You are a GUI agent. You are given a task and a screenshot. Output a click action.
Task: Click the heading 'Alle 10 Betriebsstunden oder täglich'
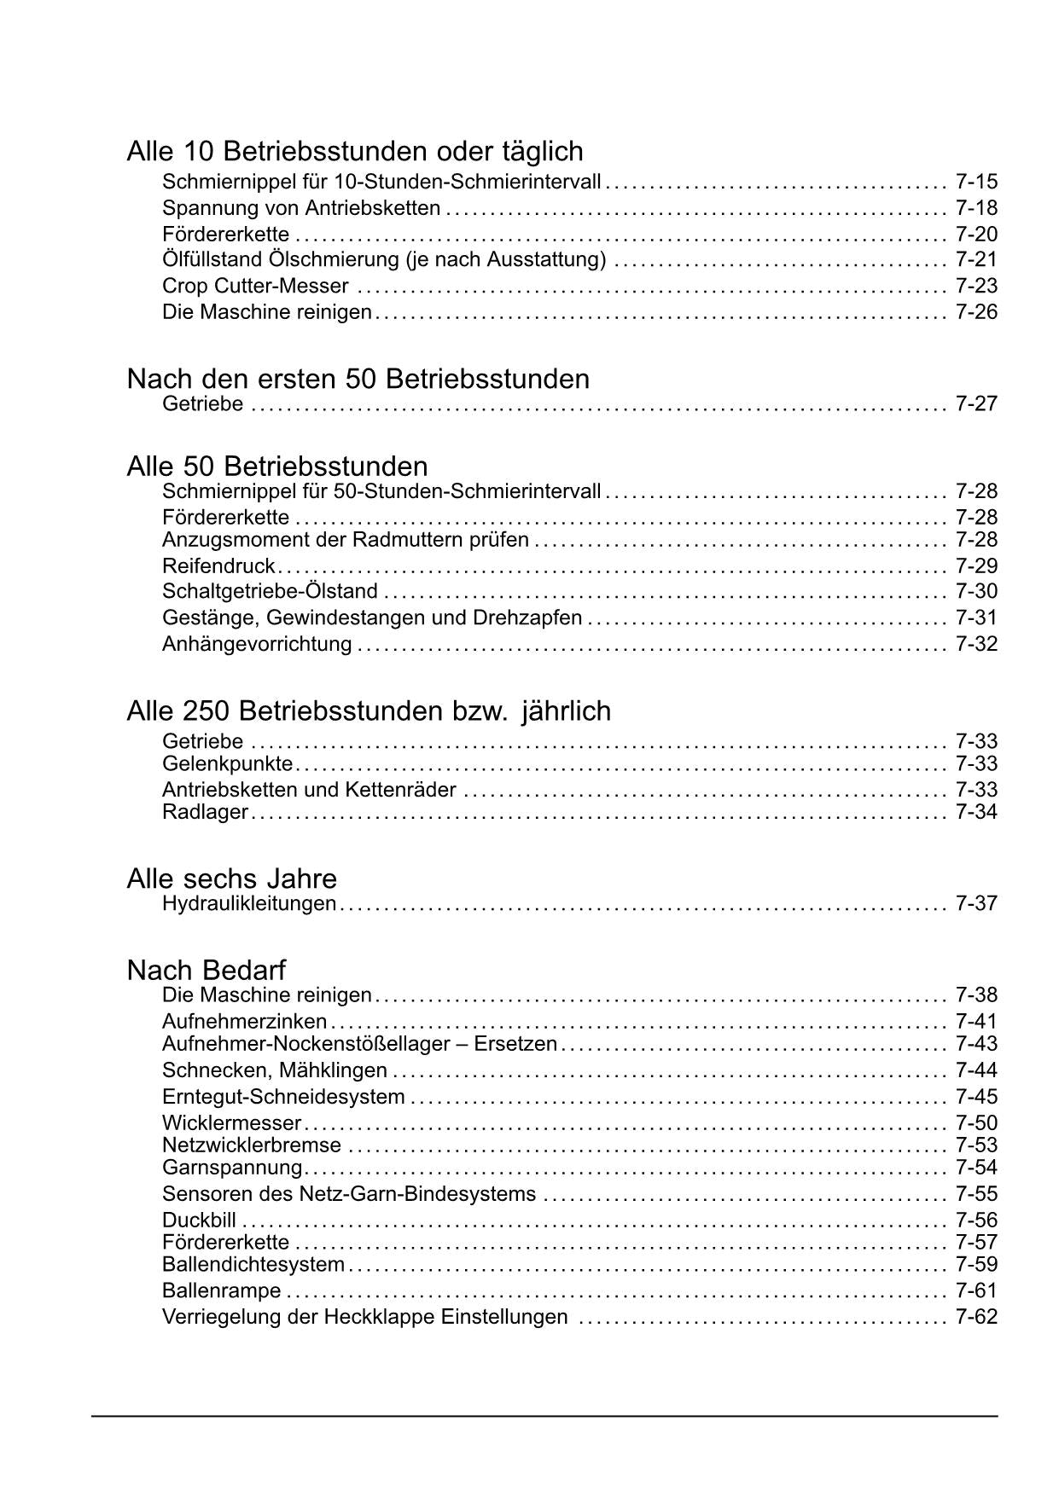coord(355,152)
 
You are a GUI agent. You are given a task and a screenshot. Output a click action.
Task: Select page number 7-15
coord(976,182)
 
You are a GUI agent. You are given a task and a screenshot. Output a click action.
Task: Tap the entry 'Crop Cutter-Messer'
coord(255,286)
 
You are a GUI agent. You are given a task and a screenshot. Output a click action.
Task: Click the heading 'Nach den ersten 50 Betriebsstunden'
coord(358,379)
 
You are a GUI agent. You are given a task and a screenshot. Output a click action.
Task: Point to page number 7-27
coord(976,404)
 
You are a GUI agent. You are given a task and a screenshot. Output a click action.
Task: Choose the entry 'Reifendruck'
coord(218,566)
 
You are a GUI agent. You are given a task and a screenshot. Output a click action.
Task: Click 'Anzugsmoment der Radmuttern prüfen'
coord(345,540)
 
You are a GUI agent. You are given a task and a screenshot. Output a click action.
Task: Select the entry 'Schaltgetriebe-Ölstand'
coord(270,592)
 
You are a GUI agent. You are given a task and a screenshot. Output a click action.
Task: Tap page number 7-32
coord(976,644)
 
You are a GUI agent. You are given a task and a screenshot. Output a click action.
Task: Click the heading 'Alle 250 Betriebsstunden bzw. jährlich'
coord(369,710)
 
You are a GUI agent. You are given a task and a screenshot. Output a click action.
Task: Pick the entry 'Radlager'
coord(205,812)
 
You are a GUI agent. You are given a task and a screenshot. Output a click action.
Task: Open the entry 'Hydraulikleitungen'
coord(249,903)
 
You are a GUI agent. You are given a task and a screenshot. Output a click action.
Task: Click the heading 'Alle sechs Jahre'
coord(231,878)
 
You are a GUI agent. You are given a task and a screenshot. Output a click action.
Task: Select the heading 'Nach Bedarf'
coord(206,970)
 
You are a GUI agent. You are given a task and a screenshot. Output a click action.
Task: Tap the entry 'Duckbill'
coord(199,1221)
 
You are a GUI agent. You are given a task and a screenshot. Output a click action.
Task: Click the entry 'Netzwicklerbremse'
coord(251,1145)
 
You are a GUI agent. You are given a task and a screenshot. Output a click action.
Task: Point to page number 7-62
coord(976,1317)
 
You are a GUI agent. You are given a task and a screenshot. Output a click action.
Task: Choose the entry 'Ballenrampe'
coord(221,1291)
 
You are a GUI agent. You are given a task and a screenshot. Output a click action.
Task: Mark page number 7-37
coord(976,903)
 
